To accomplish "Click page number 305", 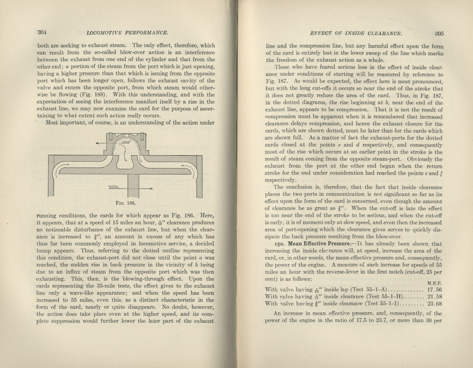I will [439, 33].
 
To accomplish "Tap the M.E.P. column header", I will [435, 283].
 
